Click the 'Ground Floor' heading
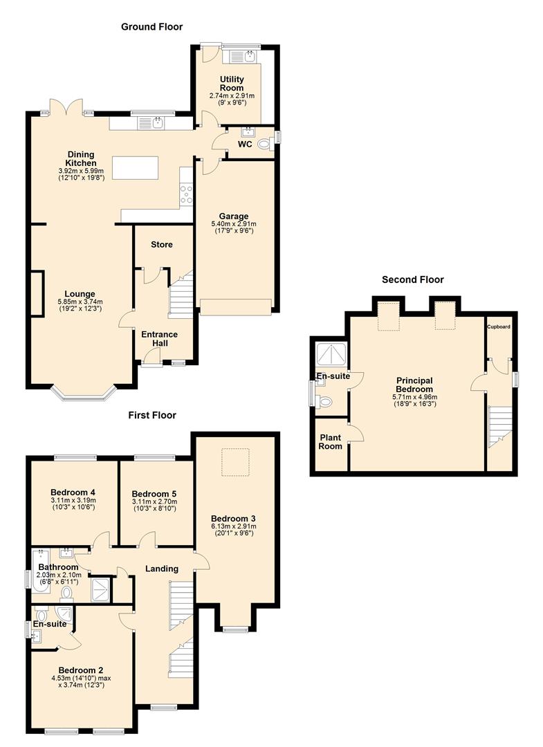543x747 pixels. (151, 27)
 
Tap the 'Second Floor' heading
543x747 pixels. (412, 279)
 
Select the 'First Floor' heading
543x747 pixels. (151, 415)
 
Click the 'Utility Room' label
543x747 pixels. (232, 84)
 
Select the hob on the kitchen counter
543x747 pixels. (185, 194)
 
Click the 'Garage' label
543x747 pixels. (234, 216)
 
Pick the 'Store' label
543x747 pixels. (161, 244)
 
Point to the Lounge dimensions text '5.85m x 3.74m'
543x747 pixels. (80, 302)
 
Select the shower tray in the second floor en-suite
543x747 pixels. (331, 354)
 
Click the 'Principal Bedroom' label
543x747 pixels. (414, 385)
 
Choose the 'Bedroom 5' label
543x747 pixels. (154, 493)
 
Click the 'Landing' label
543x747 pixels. (162, 569)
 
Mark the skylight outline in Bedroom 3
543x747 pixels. (234, 462)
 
